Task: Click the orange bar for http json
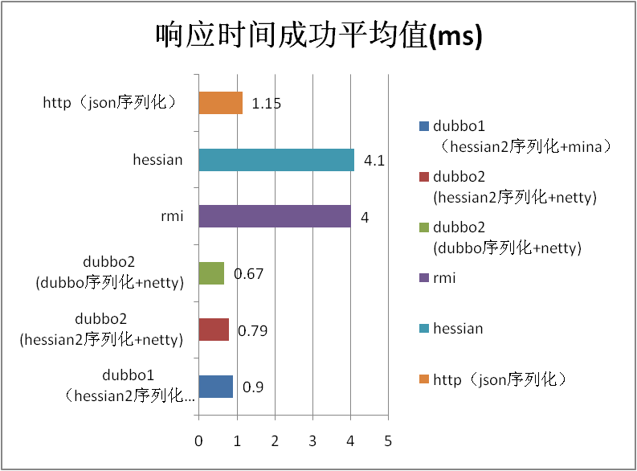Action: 220,103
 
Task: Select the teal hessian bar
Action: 276,160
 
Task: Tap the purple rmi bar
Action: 274,216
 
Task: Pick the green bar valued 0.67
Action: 211,273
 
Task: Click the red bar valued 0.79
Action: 214,330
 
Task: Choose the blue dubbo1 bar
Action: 215,387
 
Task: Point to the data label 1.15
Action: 266,104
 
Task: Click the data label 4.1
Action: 374,161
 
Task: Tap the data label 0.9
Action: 253,387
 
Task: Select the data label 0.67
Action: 247,274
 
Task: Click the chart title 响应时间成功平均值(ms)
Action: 318,36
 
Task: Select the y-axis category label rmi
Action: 170,216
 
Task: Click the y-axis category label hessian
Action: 157,160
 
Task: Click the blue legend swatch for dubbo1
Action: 423,126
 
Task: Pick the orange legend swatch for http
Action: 423,379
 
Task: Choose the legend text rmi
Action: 444,277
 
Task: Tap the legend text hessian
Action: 458,328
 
